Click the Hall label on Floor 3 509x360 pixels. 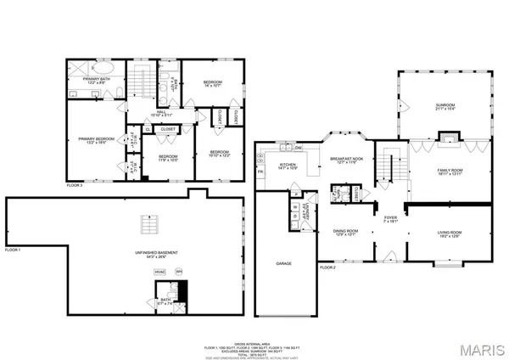pyautogui.click(x=159, y=115)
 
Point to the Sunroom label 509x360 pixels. pyautogui.click(x=445, y=106)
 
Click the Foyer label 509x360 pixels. pyautogui.click(x=390, y=219)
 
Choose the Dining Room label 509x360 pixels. pyautogui.click(x=344, y=233)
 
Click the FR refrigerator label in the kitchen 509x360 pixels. pyautogui.click(x=261, y=172)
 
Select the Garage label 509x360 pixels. pyautogui.click(x=283, y=264)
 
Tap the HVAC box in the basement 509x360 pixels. pyautogui.click(x=159, y=272)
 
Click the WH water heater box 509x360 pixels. pyautogui.click(x=179, y=272)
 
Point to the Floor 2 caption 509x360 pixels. pyautogui.click(x=327, y=267)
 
